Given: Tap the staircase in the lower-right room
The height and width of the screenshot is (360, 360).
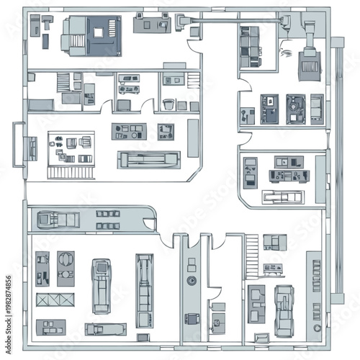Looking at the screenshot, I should [252, 256].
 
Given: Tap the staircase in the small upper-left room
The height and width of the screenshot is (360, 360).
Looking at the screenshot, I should [63, 81].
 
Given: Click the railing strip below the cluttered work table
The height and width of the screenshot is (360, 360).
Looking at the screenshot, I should [71, 173].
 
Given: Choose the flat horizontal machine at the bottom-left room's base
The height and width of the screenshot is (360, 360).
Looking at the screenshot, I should [105, 329].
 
